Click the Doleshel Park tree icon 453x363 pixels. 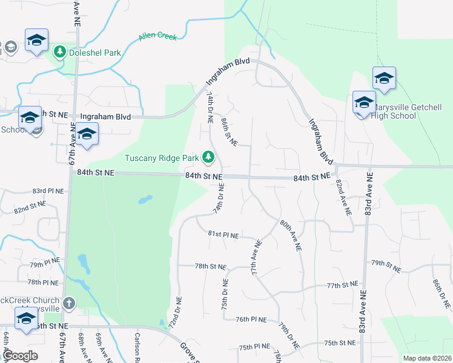tap(61, 52)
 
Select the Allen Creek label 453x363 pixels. tap(157, 37)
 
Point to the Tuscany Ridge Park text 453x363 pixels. tap(162, 159)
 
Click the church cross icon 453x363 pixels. tap(70, 302)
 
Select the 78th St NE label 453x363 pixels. tap(210, 266)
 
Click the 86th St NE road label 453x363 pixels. tap(229, 132)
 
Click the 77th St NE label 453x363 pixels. tap(342, 285)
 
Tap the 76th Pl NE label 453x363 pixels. tap(251, 319)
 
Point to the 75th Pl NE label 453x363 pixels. tap(254, 347)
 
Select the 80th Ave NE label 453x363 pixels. tap(291, 235)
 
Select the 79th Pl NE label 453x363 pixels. tap(45, 264)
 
